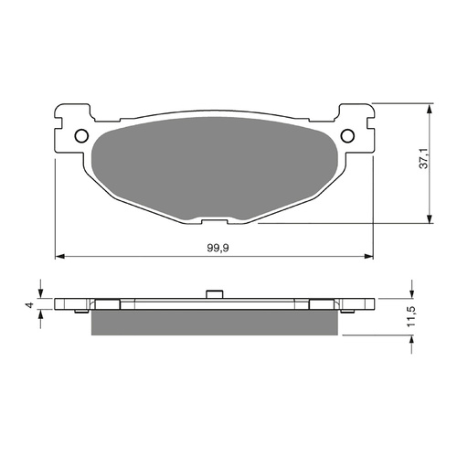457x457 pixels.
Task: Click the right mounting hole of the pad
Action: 348,136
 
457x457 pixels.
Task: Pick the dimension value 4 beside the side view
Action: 30,304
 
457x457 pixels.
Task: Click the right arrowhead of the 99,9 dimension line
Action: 370,254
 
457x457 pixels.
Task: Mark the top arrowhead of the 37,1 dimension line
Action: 428,108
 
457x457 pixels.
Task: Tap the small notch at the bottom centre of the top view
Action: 214,219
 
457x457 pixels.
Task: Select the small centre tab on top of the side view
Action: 214,294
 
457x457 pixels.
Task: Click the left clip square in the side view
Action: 106,304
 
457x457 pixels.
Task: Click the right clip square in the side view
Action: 322,304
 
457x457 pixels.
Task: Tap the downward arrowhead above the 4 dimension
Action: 40,294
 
